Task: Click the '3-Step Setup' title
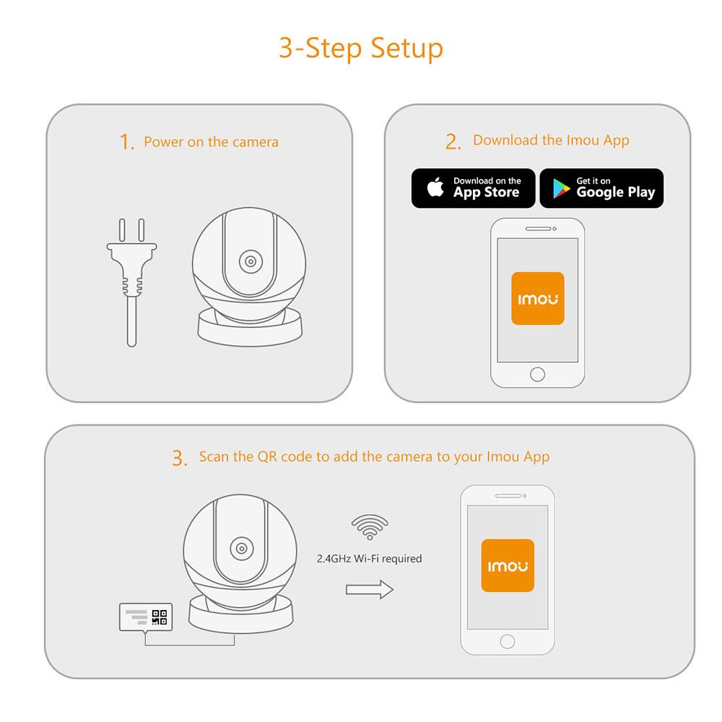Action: pyautogui.click(x=361, y=48)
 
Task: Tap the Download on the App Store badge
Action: pyautogui.click(x=473, y=188)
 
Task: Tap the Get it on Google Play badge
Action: pyautogui.click(x=601, y=188)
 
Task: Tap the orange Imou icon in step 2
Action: pyautogui.click(x=537, y=298)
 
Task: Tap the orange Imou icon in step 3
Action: pyautogui.click(x=507, y=565)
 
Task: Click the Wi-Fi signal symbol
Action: pyautogui.click(x=368, y=527)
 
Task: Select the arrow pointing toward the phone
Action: pyautogui.click(x=369, y=590)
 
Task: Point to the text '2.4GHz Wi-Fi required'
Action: pyautogui.click(x=369, y=558)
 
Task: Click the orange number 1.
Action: pyautogui.click(x=127, y=142)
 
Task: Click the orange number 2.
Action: pyautogui.click(x=453, y=142)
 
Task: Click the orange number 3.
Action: pyautogui.click(x=179, y=458)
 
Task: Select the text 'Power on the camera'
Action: pyautogui.click(x=211, y=142)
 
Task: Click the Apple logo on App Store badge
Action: pyautogui.click(x=435, y=188)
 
